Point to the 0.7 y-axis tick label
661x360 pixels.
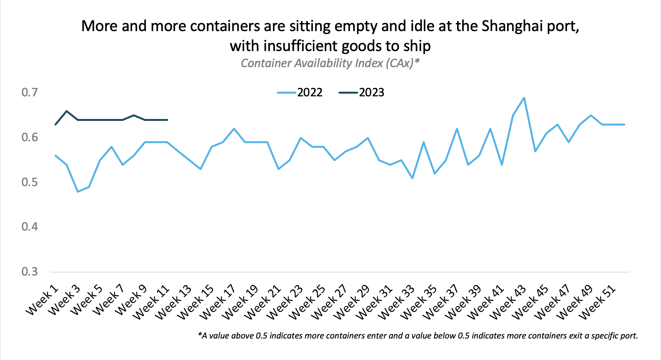[x=30, y=92]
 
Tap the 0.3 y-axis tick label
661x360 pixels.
[x=30, y=272]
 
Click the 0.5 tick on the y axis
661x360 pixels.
[x=30, y=182]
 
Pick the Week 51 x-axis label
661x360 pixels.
[x=597, y=303]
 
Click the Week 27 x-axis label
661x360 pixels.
[x=329, y=303]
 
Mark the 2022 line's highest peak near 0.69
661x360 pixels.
[x=524, y=97]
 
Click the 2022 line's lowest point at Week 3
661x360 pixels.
[x=78, y=192]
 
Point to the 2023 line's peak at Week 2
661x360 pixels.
[x=67, y=111]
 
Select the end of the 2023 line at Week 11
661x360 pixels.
[x=167, y=120]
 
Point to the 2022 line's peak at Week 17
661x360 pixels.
[x=234, y=129]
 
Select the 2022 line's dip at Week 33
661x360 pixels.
[x=412, y=178]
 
